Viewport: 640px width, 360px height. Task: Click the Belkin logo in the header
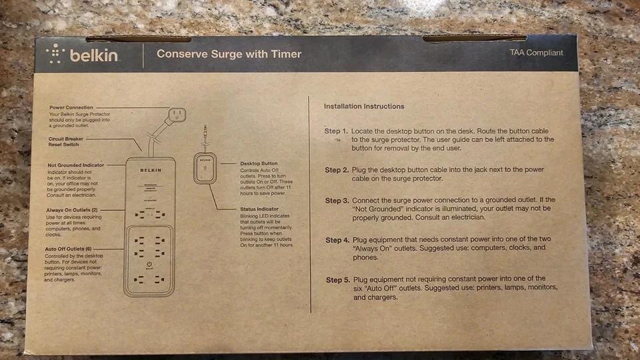[83, 55]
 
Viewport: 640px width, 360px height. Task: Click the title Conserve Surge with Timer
[229, 54]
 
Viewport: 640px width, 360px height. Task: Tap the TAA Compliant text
[536, 53]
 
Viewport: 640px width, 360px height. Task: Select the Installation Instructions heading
[363, 106]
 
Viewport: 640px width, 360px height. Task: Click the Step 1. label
[336, 131]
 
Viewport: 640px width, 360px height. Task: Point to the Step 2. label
[337, 170]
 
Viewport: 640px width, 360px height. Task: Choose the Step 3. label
[337, 201]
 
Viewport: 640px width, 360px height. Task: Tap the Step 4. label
[337, 240]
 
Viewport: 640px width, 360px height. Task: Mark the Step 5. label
[338, 279]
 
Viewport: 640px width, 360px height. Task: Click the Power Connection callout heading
[71, 107]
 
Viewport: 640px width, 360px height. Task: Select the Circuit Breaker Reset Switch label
[66, 142]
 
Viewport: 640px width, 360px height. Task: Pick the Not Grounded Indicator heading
[75, 165]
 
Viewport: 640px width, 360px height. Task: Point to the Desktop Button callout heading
[259, 163]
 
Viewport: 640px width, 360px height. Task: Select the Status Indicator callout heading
[259, 209]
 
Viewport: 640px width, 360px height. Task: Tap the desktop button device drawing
[206, 168]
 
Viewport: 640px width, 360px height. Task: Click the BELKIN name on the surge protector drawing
[150, 171]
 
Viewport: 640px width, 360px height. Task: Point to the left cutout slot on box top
[138, 39]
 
